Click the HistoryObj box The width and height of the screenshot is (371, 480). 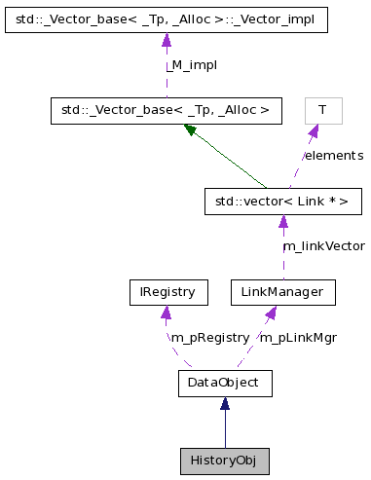coord(224,460)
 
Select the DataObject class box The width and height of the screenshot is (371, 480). coord(224,383)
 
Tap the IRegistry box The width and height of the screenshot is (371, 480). coord(167,291)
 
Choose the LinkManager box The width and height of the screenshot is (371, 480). coord(282,291)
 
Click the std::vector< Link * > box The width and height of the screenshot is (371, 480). coord(282,202)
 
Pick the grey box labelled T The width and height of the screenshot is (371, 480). coord(322,110)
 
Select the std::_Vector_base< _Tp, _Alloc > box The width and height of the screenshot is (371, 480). coord(166,110)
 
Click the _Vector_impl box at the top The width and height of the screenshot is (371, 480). coord(166,18)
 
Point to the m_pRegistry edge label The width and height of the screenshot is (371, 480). coord(209,337)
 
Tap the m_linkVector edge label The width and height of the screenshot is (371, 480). coord(326,246)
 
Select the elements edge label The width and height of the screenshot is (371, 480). coord(333,156)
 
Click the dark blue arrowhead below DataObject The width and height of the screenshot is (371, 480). coord(224,404)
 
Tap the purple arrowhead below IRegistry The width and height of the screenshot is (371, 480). coord(167,313)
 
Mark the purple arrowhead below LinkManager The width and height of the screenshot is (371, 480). coord(272,313)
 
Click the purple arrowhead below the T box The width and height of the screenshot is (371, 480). coord(314,131)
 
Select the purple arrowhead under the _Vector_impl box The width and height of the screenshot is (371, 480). coord(166,40)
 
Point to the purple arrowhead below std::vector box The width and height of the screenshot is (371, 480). coord(282,223)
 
